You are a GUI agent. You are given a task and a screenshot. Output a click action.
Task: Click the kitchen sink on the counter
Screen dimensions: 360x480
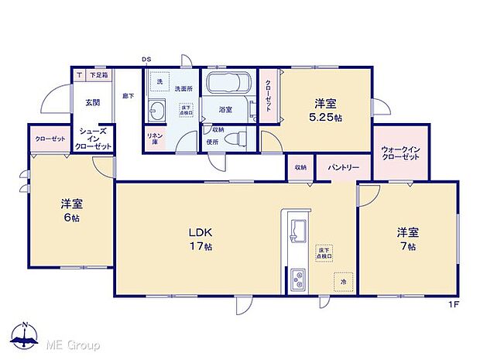coord(298,229)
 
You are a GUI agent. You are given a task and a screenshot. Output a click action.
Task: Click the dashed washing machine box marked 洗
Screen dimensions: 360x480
coord(159,81)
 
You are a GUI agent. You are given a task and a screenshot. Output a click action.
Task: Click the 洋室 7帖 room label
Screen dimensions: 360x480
coord(407,238)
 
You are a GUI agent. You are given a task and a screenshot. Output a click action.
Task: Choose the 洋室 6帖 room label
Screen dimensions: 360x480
coord(72,211)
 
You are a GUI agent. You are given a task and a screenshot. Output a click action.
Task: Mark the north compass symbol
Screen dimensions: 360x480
coord(26,336)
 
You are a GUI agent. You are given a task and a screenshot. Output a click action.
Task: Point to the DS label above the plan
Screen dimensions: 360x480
coord(146,60)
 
